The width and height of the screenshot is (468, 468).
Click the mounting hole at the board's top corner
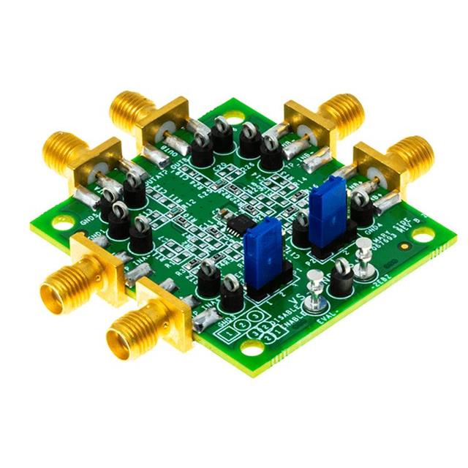coord(233,116)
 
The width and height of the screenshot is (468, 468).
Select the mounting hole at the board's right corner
coord(422,235)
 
